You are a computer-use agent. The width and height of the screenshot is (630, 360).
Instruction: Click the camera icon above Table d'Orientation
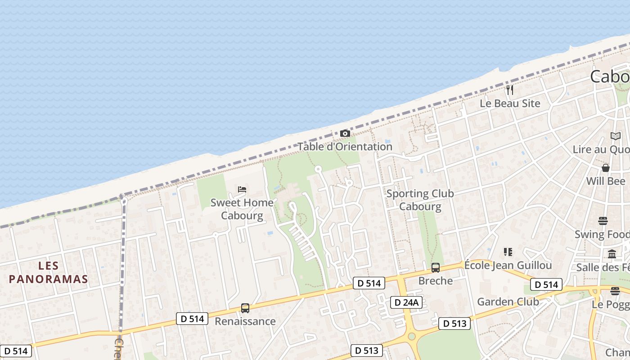point(345,133)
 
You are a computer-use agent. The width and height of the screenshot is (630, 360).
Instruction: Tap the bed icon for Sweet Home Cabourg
point(242,189)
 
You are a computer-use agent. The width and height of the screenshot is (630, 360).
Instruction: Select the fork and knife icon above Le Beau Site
point(510,90)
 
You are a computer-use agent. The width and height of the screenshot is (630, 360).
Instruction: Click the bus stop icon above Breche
point(435,268)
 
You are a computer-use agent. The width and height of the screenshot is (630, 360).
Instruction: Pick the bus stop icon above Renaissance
point(245,308)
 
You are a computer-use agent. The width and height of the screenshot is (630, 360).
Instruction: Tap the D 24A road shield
point(406,302)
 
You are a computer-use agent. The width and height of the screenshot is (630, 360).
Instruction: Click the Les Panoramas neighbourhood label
point(48,272)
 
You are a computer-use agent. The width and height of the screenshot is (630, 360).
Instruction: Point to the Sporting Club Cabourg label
point(420,200)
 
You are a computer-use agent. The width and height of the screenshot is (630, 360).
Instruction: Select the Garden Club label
point(508,301)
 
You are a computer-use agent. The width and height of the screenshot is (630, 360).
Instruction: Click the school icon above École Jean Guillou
point(508,252)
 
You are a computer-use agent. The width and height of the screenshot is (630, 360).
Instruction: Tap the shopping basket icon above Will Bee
point(606,168)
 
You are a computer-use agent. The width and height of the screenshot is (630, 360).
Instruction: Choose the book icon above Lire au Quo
point(615,136)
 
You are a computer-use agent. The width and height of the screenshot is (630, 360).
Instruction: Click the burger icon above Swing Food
point(603,221)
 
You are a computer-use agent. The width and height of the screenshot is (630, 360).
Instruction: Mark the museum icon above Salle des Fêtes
point(612,254)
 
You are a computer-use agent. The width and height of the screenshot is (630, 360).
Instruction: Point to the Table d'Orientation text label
point(345,147)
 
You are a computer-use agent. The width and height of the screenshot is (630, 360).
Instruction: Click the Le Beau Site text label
point(510,103)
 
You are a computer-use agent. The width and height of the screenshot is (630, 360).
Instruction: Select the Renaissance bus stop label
point(245,321)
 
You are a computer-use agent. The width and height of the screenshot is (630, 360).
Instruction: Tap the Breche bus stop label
point(435,281)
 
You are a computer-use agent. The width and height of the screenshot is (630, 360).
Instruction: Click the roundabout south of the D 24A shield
point(411,337)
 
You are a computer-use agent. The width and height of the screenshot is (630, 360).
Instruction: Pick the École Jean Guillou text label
point(508,265)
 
